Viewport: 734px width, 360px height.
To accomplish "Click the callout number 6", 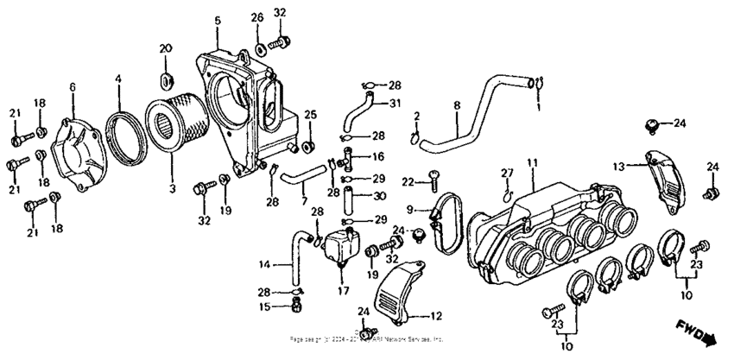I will [x=73, y=87].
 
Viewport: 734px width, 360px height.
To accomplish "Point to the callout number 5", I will [x=218, y=20].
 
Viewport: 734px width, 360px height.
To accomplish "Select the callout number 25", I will [x=311, y=114].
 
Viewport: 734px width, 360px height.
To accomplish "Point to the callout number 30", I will [x=378, y=195].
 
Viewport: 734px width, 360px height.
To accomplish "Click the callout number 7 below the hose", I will [x=304, y=200].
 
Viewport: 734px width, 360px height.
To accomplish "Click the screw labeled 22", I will [x=432, y=179].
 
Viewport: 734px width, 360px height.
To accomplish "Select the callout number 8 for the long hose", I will [x=457, y=106].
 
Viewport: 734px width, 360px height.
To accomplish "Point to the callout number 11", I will [x=533, y=161].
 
